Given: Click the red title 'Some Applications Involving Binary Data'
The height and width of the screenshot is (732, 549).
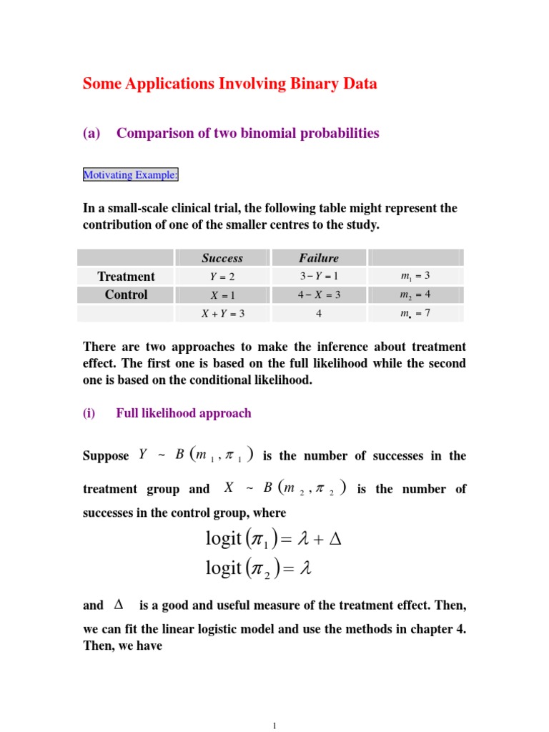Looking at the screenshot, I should pos(229,84).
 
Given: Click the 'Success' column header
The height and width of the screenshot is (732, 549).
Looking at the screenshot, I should pos(222,258).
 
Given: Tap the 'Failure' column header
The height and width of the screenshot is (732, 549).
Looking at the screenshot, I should pos(319,258).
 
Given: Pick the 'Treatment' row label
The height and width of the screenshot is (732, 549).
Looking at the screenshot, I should pos(126,277).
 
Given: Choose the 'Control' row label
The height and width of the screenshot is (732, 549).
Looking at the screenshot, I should pos(126,295).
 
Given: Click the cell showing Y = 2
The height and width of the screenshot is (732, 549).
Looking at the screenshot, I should pos(222,277).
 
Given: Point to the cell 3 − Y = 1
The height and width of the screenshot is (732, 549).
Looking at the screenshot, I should pos(319,277).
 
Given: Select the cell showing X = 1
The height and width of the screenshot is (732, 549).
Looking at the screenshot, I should pos(222,295).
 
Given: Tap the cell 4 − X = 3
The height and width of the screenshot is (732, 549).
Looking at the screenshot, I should pos(319,295).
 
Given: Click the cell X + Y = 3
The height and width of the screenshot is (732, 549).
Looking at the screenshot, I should pos(222,313).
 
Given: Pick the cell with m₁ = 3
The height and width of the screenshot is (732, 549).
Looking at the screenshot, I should pos(415,277).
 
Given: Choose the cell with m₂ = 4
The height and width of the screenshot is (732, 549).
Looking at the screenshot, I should pos(415,295).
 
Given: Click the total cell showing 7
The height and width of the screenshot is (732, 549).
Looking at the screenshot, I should pos(415,313).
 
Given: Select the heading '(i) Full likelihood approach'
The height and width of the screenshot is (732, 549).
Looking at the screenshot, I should pos(167,413).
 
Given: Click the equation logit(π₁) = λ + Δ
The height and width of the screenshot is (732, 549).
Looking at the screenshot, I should pos(274,539).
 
